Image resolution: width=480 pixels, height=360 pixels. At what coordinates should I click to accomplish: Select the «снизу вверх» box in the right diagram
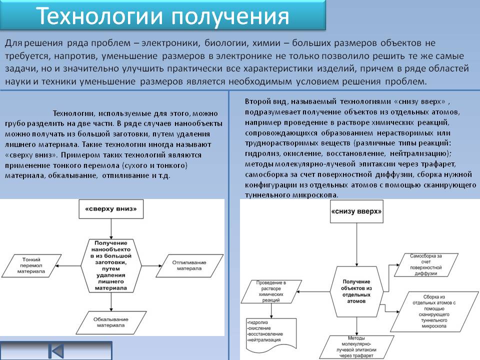(356, 211)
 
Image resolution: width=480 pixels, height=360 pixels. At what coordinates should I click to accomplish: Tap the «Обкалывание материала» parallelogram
(108, 322)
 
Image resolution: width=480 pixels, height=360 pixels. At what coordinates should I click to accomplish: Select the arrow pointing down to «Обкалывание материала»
(108, 301)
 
